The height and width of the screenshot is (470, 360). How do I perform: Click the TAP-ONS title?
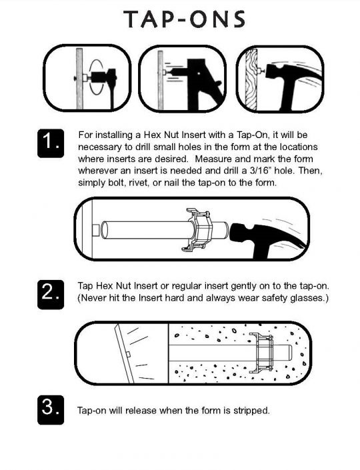coord(184,19)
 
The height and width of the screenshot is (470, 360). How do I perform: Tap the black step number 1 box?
coord(51,143)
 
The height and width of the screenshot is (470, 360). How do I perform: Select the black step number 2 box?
coord(51,295)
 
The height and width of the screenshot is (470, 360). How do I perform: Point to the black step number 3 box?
coord(51,410)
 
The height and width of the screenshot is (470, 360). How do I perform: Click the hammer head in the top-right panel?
coord(278,72)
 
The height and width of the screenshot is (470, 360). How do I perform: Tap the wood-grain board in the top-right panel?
coord(251,79)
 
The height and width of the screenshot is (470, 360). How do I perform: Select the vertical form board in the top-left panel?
coord(79,78)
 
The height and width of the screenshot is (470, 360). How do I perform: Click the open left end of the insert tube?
coord(104,230)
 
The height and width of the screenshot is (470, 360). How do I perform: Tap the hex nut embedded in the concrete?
coord(263,353)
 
